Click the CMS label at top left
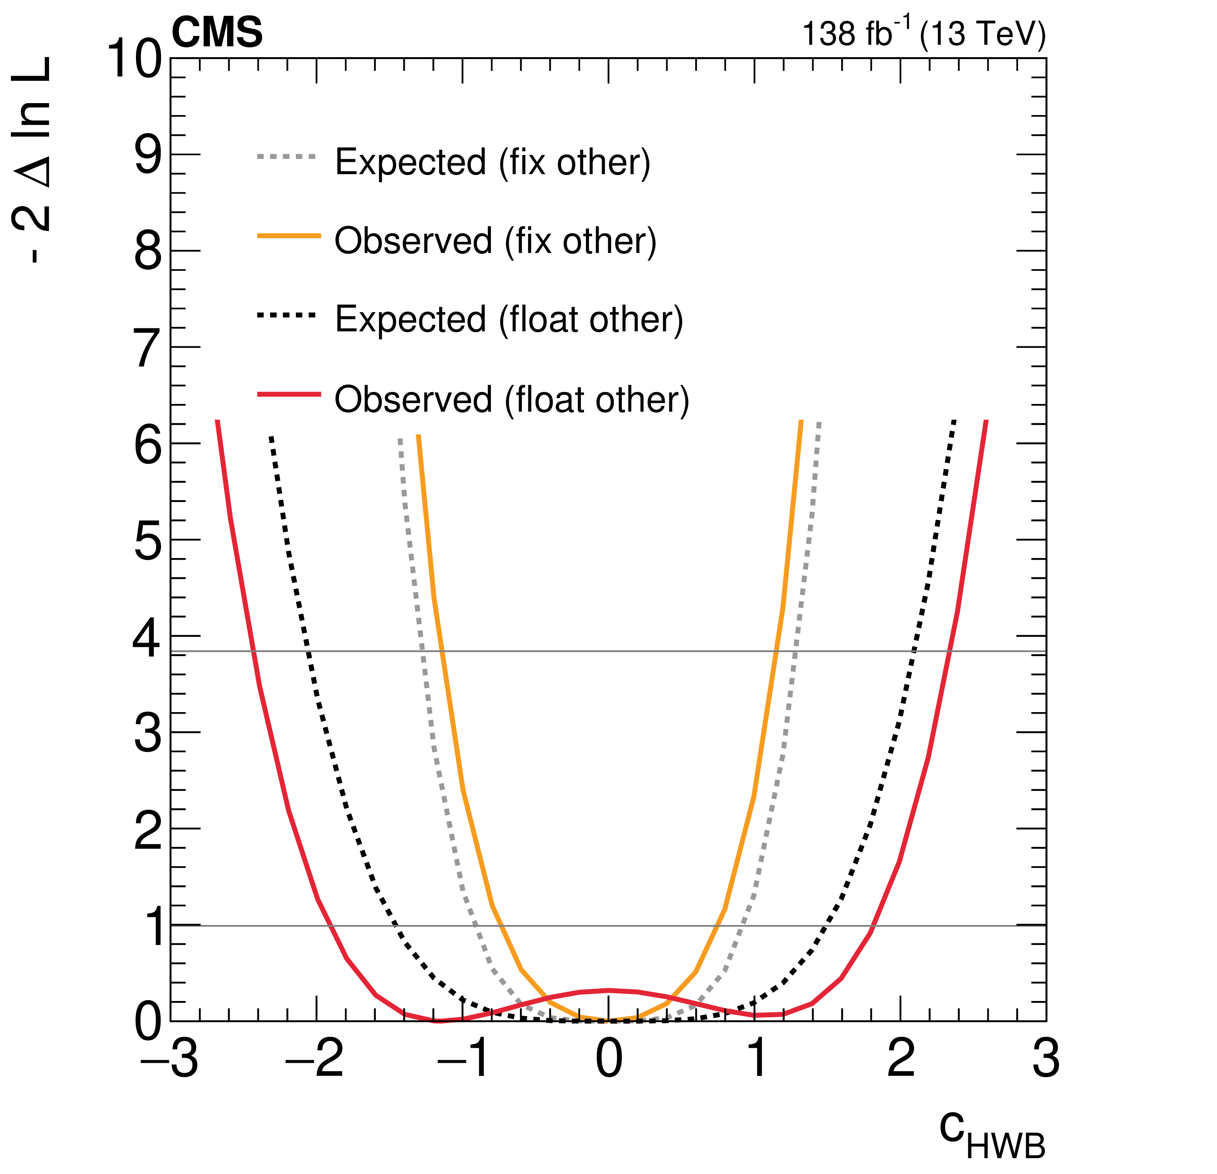coord(217,32)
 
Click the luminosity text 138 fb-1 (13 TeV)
coord(923,34)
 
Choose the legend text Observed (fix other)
coord(495,241)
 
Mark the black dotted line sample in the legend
coord(286,316)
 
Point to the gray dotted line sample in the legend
coord(286,157)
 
